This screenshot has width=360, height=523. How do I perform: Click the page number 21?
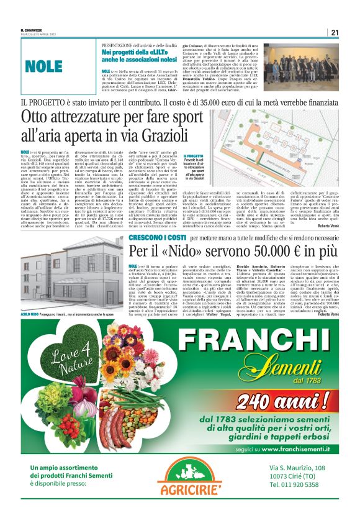click(x=334, y=32)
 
